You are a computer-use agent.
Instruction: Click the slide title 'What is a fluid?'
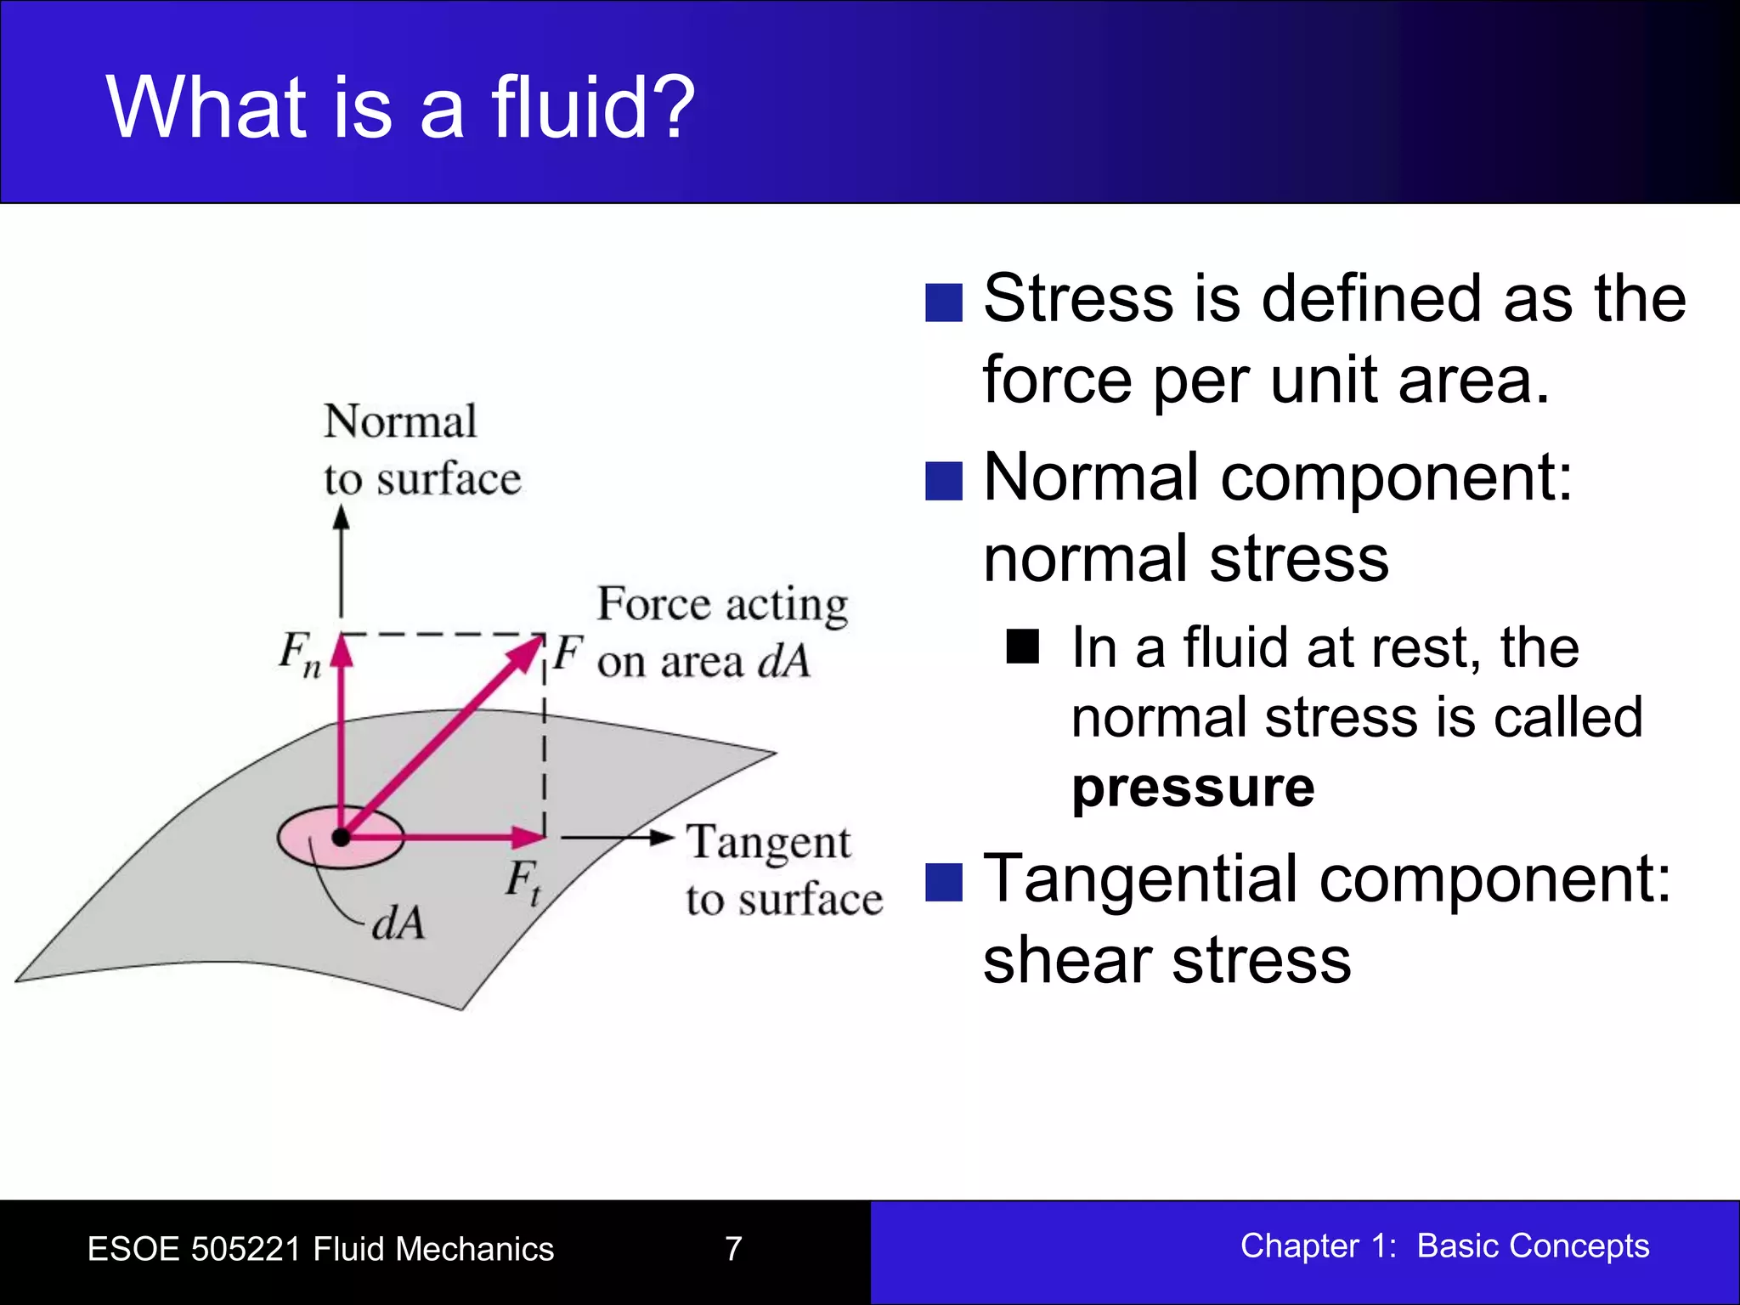400,108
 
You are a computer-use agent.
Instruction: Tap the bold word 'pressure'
1193,787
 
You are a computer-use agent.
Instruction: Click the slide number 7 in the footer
733,1248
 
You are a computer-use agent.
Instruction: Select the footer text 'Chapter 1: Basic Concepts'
1444,1246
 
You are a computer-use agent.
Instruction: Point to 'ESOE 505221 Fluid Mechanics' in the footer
320,1249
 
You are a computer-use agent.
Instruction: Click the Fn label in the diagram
299,654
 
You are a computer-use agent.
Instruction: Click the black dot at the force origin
341,838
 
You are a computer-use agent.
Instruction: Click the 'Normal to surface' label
421,449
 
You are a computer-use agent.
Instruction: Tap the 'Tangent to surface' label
783,870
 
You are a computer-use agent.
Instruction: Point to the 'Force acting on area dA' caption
722,632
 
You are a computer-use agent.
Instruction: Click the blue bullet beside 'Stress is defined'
943,302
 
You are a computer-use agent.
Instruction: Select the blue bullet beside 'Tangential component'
943,882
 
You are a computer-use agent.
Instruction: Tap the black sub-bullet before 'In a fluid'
1022,647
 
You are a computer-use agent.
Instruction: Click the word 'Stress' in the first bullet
1077,299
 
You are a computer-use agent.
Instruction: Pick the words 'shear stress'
1167,960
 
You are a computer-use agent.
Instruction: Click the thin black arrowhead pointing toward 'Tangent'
662,838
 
